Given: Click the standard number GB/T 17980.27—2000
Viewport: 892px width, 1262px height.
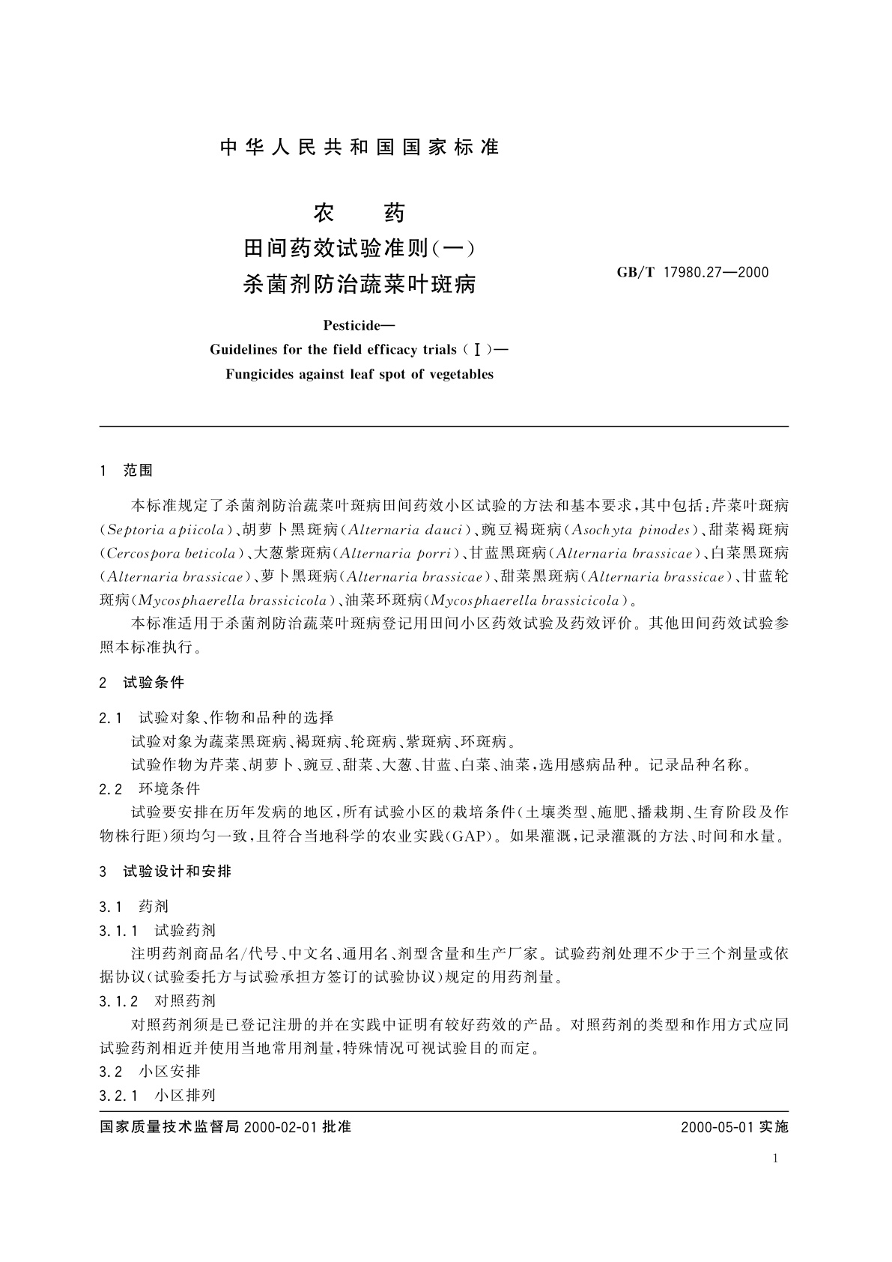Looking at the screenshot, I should [692, 272].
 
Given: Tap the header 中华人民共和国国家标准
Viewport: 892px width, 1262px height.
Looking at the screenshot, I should [359, 148].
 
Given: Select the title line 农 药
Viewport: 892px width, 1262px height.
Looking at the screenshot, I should [359, 213].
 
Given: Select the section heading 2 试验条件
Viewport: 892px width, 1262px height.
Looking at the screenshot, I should [142, 683].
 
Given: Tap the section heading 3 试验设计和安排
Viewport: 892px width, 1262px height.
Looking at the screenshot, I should [166, 872].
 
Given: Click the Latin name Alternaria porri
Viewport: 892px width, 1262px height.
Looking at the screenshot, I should [398, 554].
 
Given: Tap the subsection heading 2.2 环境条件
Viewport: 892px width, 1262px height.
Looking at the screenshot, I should [150, 789].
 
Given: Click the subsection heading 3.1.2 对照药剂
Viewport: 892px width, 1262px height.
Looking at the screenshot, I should [157, 1001].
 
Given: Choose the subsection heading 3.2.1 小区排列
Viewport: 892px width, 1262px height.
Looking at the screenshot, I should [157, 1095].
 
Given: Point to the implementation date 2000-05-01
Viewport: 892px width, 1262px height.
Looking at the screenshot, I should [716, 1127].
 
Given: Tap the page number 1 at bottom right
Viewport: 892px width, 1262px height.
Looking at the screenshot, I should [775, 1159].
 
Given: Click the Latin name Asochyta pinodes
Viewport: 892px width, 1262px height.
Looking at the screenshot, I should [630, 530].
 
